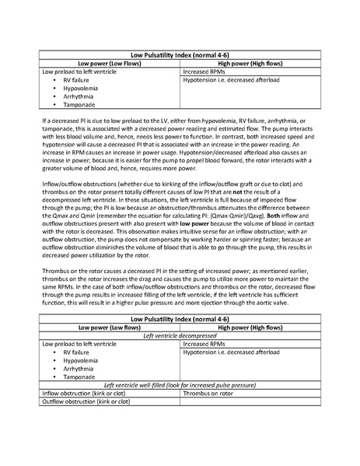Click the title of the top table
(180, 57)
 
